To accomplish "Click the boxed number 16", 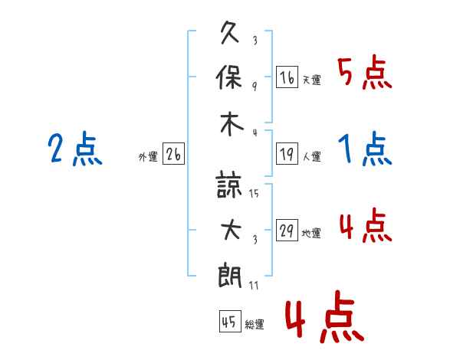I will tap(287, 77).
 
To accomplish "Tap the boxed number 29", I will tap(287, 231).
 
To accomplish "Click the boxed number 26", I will tap(173, 155).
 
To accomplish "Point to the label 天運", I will tap(311, 80).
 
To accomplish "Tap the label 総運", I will tap(255, 325).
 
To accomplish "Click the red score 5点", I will tap(364, 73).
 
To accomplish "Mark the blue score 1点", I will tap(364, 149).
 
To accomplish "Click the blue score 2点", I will tap(75, 149).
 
